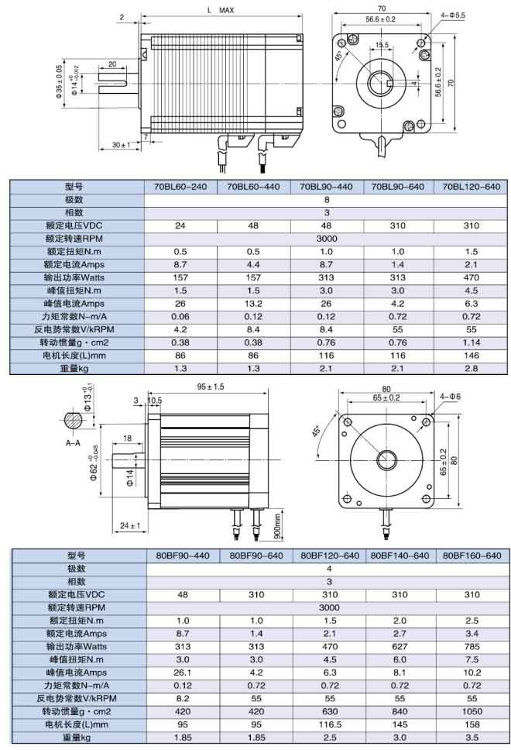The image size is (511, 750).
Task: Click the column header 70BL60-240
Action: point(180,187)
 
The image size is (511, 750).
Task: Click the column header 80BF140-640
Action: point(400,556)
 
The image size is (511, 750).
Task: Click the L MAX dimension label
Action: point(221,11)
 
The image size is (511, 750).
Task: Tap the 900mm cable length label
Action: point(276,524)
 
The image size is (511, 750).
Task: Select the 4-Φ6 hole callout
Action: point(449,396)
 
